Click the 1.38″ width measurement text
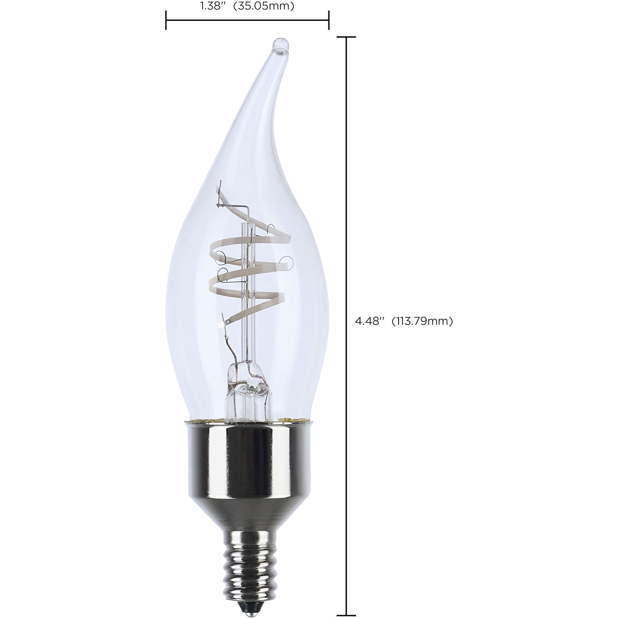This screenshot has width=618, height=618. pos(211,6)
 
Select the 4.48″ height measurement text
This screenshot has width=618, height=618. pos(370,321)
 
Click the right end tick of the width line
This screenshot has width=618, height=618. pos(329,20)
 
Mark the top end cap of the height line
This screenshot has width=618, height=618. pos(346,37)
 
